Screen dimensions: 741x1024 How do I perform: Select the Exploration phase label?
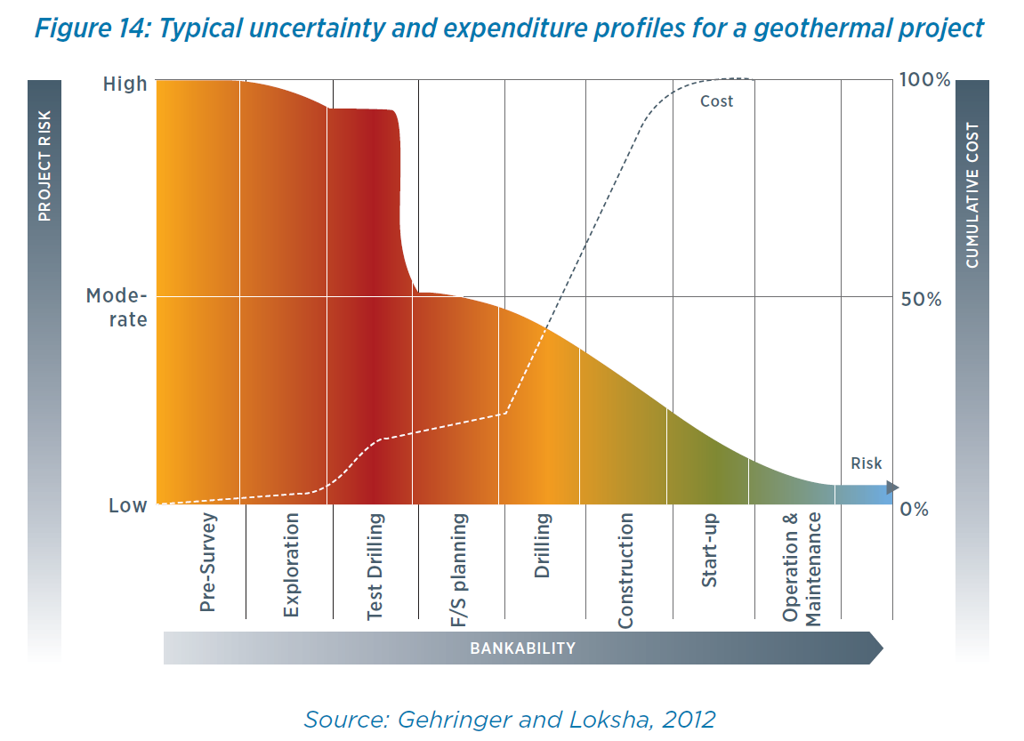click(x=291, y=566)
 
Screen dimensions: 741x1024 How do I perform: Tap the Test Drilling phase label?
click(x=375, y=567)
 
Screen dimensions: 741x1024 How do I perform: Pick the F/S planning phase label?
click(x=459, y=569)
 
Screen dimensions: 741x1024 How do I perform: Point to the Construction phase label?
click(x=625, y=570)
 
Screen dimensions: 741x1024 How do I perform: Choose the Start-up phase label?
click(x=709, y=550)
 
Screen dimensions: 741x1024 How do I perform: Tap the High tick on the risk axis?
click(x=125, y=85)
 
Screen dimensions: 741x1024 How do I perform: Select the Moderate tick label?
click(x=117, y=307)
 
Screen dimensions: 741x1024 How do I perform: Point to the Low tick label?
click(x=128, y=506)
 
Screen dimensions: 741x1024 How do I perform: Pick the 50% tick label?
click(x=921, y=299)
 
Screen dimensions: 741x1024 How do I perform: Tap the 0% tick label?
click(x=915, y=510)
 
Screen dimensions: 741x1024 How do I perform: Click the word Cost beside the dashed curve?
click(x=716, y=101)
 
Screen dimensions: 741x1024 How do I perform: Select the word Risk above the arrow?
click(x=866, y=463)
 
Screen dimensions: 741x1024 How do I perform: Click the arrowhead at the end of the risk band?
click(x=892, y=487)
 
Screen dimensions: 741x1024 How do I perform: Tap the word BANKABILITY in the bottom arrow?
click(x=523, y=648)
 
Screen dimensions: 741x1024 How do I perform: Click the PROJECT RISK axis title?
click(x=44, y=165)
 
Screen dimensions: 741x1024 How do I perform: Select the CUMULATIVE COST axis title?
click(x=972, y=196)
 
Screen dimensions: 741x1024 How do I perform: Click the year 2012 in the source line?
click(x=685, y=719)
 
